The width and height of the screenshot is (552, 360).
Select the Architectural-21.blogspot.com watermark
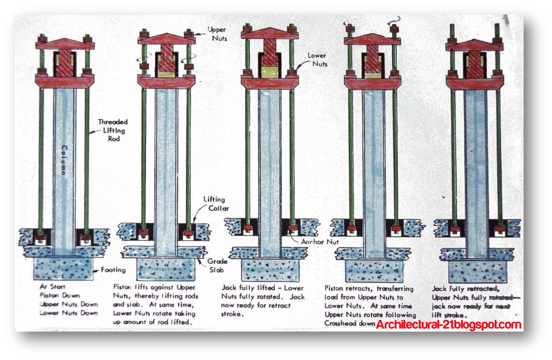448,325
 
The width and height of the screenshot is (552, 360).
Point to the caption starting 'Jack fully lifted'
262,301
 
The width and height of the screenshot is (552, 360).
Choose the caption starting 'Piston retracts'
369,306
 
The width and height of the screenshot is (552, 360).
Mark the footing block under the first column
64,269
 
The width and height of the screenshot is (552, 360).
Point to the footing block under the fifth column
474,271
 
